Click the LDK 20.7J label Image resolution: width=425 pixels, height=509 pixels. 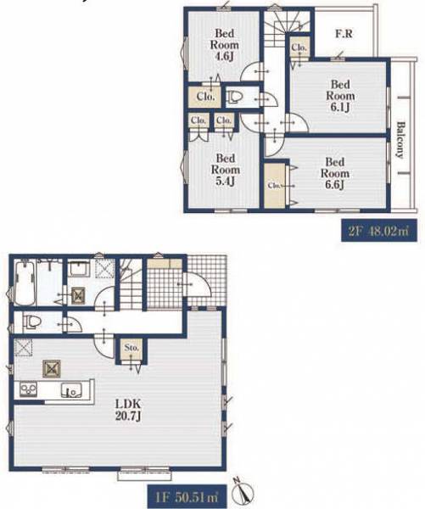[x=128, y=410]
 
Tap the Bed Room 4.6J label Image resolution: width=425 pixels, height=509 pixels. [x=224, y=45]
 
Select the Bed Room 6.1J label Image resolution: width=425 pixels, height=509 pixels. [x=340, y=96]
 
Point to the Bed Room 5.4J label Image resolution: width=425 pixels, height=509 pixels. [x=226, y=170]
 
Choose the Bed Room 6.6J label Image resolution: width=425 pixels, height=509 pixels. [x=335, y=173]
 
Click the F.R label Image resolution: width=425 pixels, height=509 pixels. [x=344, y=33]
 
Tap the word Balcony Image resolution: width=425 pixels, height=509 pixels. [x=401, y=140]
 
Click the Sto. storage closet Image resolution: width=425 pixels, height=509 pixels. [x=131, y=349]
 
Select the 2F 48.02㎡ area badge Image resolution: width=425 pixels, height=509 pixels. [x=379, y=231]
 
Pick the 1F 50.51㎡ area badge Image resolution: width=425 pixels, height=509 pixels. [x=187, y=496]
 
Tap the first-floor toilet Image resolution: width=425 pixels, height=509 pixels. [x=31, y=322]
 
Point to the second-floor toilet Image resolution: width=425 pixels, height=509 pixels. [x=234, y=97]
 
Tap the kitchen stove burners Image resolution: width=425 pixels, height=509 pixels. [x=29, y=389]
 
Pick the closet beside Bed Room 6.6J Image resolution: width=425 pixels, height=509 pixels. [x=275, y=185]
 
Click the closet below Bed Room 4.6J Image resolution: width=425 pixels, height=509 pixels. [x=205, y=97]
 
